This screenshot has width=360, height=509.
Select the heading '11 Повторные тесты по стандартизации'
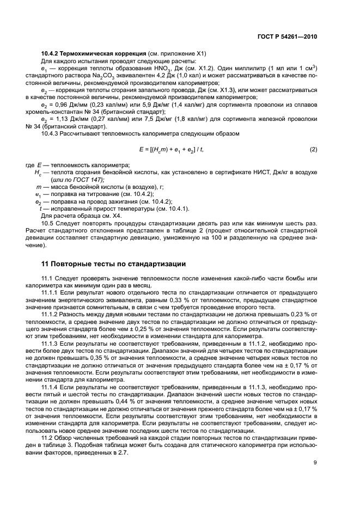(x=114, y=264)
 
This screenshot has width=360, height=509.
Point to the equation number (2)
(x=313, y=149)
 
